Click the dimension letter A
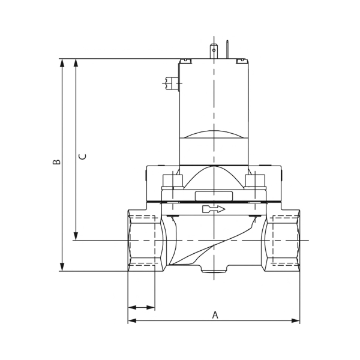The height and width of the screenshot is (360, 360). tap(215, 314)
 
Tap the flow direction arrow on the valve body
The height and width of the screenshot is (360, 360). tap(214, 209)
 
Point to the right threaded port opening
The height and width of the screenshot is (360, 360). tap(283, 240)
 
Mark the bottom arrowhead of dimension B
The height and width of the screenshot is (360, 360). tap(62, 266)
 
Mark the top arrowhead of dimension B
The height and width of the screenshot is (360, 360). tap(62, 63)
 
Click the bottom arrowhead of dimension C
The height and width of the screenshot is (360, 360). tap(76, 236)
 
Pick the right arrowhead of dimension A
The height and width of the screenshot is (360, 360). tap(295, 320)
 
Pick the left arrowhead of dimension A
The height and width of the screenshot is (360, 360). tap(132, 320)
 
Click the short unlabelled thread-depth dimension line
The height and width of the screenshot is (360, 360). tap(142, 307)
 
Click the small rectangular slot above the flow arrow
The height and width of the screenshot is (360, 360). tap(214, 195)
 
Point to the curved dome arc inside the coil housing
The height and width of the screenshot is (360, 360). tap(214, 134)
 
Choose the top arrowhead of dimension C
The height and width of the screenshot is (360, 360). tap(76, 63)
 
